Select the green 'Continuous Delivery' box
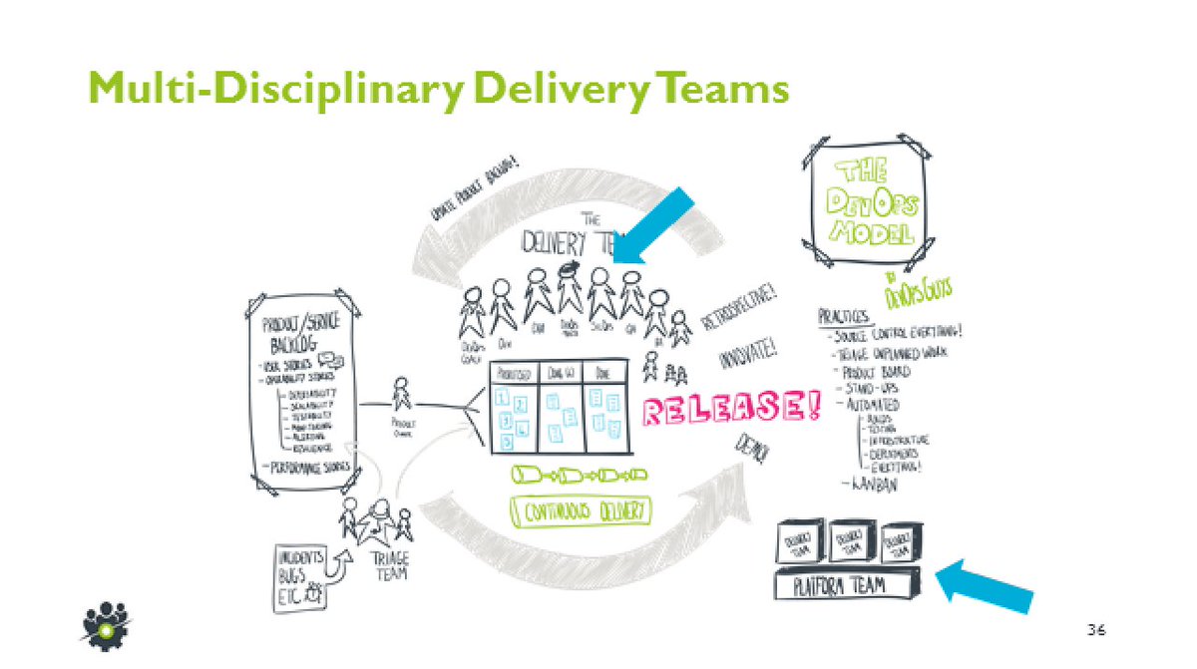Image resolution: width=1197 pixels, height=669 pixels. [580, 511]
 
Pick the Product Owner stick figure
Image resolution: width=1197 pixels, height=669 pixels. [402, 396]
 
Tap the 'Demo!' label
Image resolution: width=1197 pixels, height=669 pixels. [754, 450]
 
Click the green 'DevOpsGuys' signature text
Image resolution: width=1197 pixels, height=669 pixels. [918, 289]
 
